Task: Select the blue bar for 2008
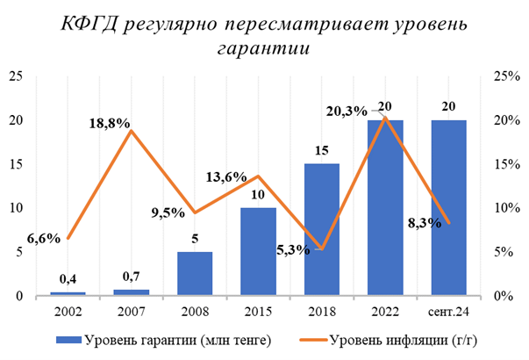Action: pyautogui.click(x=194, y=274)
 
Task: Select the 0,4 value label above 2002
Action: pyautogui.click(x=68, y=280)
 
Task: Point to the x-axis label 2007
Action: pyautogui.click(x=131, y=311)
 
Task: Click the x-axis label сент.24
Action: pyautogui.click(x=448, y=311)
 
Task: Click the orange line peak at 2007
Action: pyautogui.click(x=131, y=131)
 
